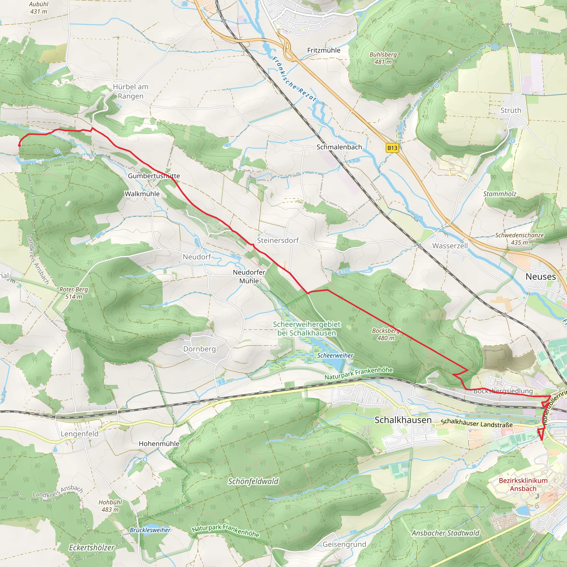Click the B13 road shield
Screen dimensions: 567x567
392,148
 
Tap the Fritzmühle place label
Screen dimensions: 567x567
324,50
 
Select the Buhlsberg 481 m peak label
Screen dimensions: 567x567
383,58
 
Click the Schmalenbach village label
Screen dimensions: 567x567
339,147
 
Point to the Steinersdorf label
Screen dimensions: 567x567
278,240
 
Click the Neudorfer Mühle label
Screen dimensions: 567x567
249,277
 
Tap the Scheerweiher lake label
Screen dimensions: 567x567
335,355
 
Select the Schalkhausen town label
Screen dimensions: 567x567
403,420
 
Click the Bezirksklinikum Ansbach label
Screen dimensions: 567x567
523,484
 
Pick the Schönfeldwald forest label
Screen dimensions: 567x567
253,481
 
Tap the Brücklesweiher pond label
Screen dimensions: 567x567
150,530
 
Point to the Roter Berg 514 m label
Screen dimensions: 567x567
74,293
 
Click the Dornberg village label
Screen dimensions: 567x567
200,349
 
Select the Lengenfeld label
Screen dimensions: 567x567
79,434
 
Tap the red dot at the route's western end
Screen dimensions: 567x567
19,145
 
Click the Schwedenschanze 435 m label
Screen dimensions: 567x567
519,239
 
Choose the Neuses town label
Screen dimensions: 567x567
541,277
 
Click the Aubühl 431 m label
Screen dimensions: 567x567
39,8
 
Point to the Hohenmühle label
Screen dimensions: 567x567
159,444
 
